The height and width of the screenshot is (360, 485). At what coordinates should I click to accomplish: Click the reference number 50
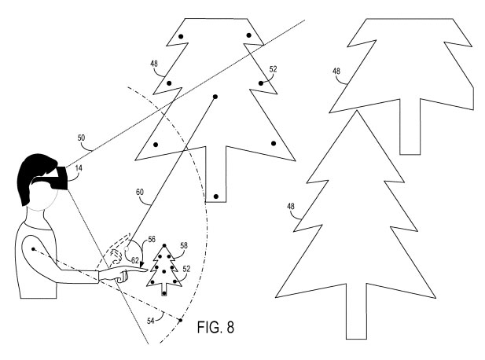[82, 138]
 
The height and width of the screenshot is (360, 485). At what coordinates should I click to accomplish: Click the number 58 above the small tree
[182, 247]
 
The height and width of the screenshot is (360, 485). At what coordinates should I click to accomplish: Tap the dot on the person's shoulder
[34, 251]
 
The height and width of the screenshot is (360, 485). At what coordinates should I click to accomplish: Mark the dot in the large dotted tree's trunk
[215, 195]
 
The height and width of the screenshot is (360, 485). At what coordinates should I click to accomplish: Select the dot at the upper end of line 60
[215, 97]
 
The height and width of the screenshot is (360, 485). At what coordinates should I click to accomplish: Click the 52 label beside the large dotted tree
[273, 69]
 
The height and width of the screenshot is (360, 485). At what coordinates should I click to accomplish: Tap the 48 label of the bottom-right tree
[291, 207]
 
